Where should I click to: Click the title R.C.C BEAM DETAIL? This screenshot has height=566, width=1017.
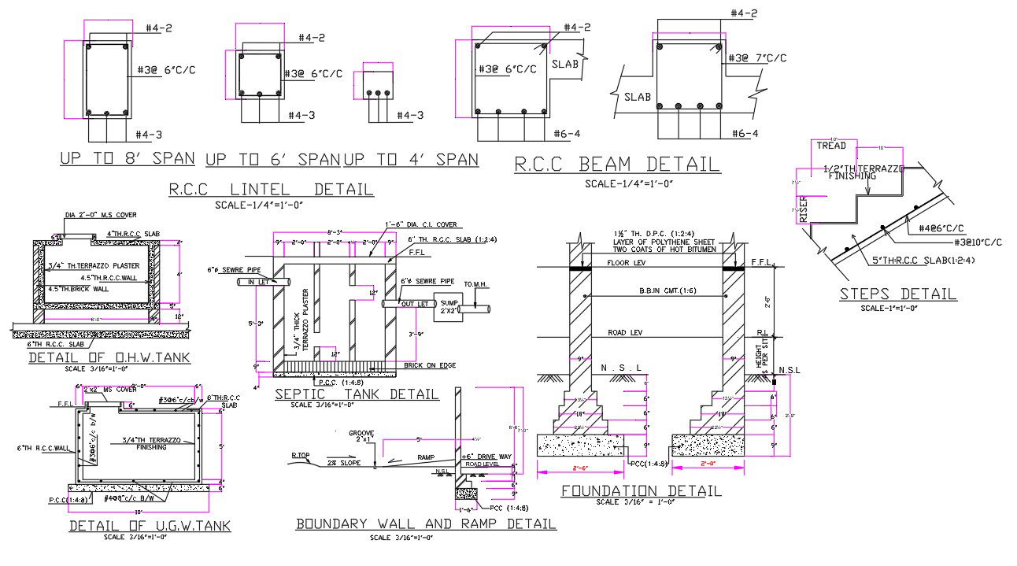click(x=616, y=165)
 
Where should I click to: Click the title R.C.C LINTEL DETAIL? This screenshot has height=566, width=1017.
click(x=272, y=189)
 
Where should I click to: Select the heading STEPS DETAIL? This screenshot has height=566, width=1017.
click(x=897, y=294)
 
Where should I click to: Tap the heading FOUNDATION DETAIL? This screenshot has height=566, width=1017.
click(x=641, y=490)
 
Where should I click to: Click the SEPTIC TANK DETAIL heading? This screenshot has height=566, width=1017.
click(x=357, y=394)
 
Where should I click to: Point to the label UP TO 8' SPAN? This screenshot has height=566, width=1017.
click(x=128, y=158)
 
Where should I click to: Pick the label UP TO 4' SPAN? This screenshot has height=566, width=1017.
click(x=410, y=160)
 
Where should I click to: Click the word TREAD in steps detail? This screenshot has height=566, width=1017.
click(x=830, y=146)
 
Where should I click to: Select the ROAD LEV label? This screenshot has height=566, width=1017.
click(x=626, y=333)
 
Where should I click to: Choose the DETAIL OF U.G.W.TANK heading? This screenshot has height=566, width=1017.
click(x=150, y=525)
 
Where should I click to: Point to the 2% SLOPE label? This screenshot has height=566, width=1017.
click(x=344, y=463)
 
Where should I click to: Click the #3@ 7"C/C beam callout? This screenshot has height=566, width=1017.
click(x=758, y=58)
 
